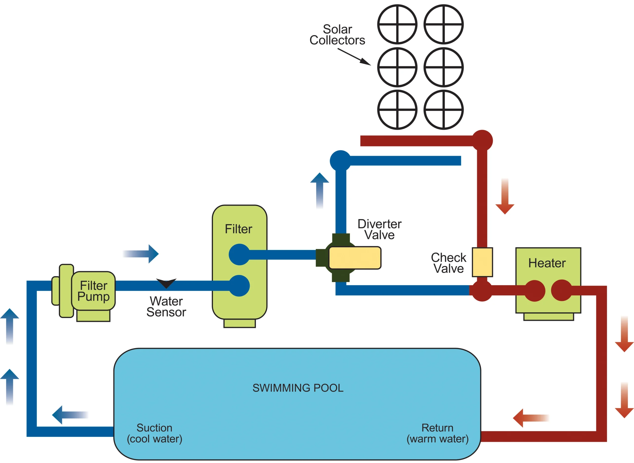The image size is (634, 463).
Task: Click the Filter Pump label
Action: (93, 291)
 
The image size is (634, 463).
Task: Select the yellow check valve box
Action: (482, 262)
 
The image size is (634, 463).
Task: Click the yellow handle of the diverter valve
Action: (355, 258)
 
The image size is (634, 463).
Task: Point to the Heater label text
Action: (547, 263)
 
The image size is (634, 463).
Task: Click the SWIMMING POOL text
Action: (298, 388)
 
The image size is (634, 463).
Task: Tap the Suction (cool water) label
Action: (155, 433)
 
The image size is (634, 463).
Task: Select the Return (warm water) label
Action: (437, 433)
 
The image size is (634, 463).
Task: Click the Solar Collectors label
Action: (337, 35)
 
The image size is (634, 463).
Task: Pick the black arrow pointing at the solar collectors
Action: (354, 57)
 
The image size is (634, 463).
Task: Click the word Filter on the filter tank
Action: (239, 229)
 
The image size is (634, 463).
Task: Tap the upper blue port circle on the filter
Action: (239, 254)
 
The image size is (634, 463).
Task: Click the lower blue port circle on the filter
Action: (239, 286)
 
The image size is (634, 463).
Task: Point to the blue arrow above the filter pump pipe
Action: (141, 254)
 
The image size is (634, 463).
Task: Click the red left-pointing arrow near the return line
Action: (530, 418)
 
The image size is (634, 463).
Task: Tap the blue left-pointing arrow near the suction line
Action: (70, 415)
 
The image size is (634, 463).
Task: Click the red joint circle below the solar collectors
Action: (482, 140)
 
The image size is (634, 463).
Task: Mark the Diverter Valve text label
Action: (379, 229)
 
